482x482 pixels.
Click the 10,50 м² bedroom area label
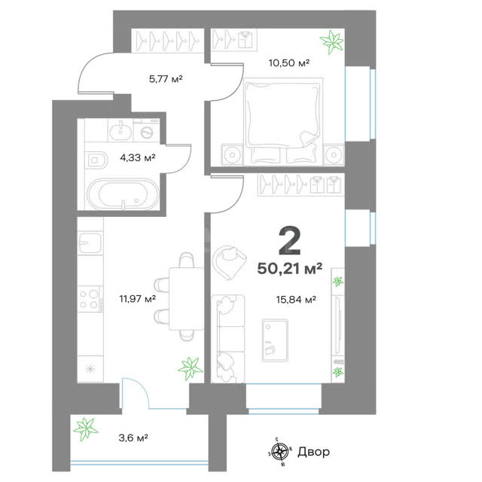289,63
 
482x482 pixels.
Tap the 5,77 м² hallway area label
166,79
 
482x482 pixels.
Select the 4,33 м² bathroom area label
137,157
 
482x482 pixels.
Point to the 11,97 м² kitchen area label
137,298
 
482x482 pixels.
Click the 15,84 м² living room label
296,299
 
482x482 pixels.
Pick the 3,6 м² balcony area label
133,438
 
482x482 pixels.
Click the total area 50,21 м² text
289,268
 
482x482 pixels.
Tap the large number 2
289,242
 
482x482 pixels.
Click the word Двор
313,452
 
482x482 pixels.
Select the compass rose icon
279,452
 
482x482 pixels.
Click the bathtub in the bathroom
123,194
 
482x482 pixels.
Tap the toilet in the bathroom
96,160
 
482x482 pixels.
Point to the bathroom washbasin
120,130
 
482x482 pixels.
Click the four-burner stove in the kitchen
90,299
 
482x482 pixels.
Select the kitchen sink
90,243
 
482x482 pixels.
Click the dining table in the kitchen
187,298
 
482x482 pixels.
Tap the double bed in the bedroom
283,122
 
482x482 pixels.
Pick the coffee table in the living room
275,340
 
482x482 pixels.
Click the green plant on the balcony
85,429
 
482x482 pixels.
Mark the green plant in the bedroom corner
331,41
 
